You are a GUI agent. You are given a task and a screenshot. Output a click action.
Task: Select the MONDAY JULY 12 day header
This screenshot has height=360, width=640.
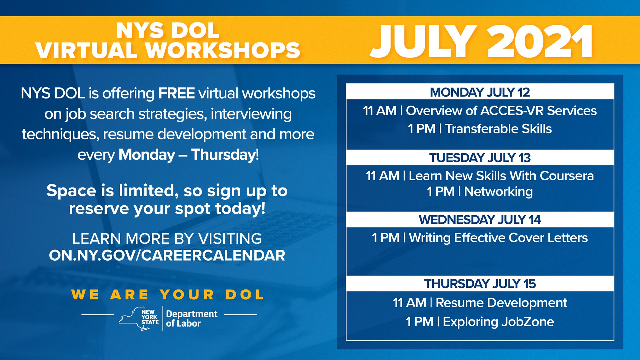480,92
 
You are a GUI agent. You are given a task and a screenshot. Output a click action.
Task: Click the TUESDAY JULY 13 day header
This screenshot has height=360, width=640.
480,157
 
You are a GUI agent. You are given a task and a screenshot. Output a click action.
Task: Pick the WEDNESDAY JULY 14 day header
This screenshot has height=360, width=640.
480,220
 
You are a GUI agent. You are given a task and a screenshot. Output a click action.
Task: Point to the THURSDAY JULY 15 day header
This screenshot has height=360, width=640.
480,284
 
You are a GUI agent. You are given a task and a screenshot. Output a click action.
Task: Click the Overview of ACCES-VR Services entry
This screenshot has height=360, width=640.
501,111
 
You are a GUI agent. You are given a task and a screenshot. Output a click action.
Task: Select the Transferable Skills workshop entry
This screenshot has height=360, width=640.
498,129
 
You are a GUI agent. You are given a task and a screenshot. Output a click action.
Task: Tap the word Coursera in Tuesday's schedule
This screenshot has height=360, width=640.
566,176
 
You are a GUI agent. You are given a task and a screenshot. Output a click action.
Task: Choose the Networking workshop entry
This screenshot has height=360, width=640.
498,192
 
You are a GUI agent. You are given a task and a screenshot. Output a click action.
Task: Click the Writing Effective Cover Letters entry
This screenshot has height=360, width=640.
498,238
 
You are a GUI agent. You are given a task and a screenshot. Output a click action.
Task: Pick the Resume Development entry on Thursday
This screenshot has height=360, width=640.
501,302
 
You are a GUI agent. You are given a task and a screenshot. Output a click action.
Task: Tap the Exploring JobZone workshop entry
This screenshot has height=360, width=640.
498,322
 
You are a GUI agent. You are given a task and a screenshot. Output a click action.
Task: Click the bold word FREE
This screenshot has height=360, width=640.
176,93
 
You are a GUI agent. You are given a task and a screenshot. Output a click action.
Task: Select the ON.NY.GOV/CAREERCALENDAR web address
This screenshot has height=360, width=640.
167,255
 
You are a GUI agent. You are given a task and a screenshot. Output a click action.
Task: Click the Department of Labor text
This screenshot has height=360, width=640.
191,318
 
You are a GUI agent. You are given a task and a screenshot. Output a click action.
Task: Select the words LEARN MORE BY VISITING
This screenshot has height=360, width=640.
167,239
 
